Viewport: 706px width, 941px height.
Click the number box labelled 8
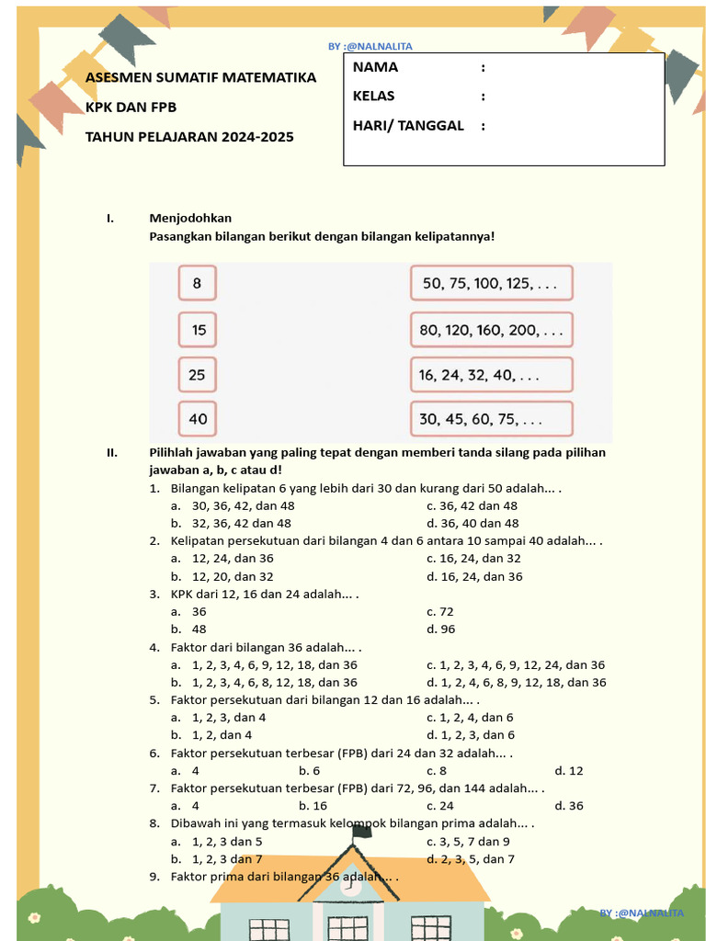coord(198,284)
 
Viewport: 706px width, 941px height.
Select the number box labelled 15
coord(198,329)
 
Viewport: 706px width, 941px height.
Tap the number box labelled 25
coord(198,374)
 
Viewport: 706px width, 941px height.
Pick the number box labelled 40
coord(198,419)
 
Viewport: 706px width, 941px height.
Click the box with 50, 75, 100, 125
coord(491,284)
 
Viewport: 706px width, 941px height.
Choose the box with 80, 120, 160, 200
coord(491,329)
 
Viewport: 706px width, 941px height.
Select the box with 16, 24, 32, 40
coord(491,374)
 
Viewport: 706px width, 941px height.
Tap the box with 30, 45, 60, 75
coord(491,419)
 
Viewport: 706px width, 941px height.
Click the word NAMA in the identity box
coord(375,67)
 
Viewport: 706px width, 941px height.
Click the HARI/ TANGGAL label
coord(408,125)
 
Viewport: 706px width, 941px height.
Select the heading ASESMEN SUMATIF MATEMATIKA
coord(200,77)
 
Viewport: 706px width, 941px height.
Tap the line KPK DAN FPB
coord(131,107)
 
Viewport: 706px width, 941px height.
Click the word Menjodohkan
coord(190,218)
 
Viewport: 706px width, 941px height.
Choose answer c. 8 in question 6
coord(437,771)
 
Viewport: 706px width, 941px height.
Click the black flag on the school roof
coord(362,831)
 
